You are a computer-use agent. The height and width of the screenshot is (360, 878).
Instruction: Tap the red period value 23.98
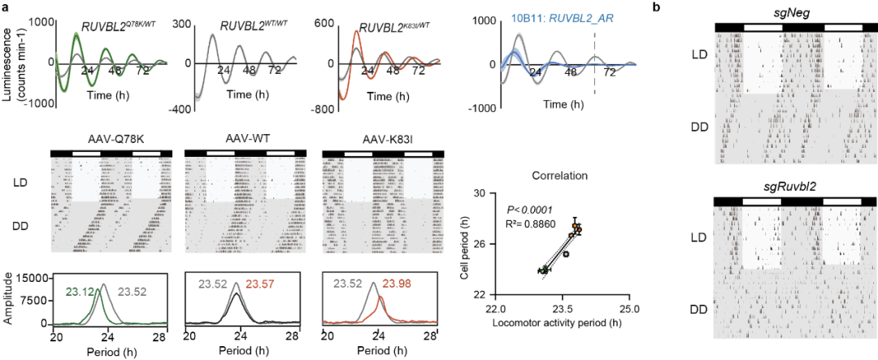point(398,284)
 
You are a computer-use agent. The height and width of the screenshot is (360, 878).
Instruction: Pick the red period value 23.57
point(259,284)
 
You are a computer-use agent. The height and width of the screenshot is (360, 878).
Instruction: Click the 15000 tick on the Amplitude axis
point(40,279)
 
